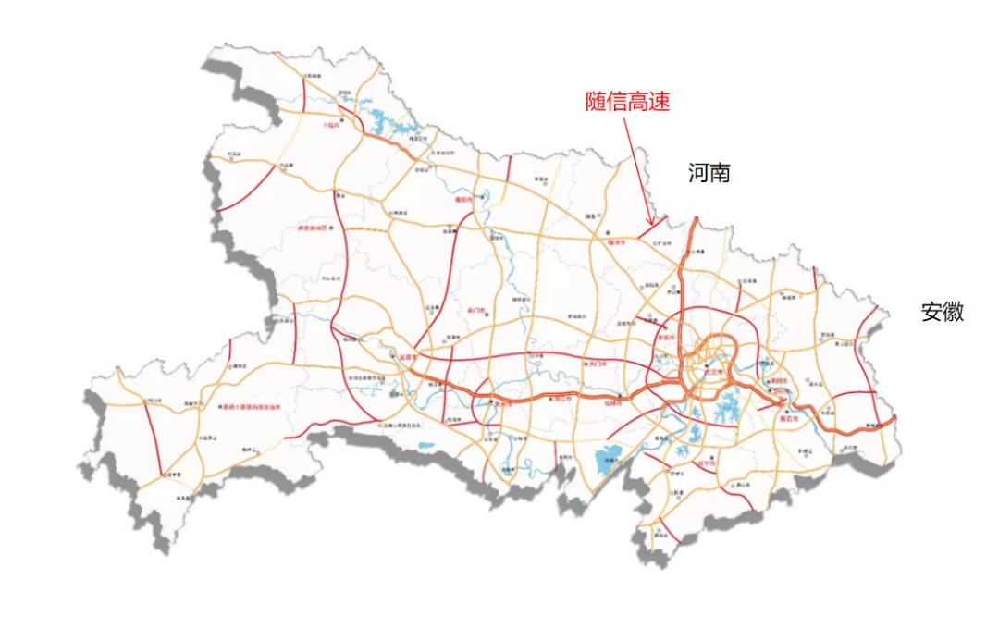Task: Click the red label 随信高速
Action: (x=627, y=102)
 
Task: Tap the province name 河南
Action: (x=709, y=173)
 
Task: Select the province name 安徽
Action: (x=942, y=312)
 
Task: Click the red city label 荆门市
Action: (x=477, y=310)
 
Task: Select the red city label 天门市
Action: (x=598, y=364)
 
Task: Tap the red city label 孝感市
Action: (x=663, y=338)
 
